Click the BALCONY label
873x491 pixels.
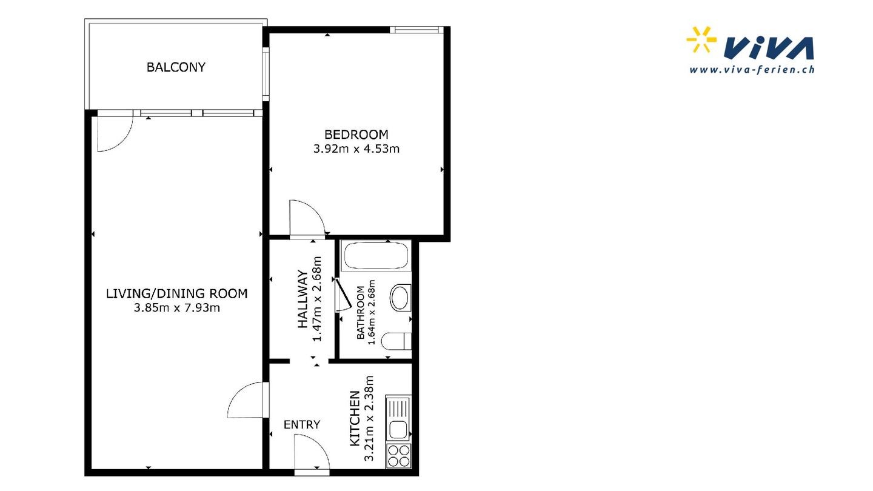176,67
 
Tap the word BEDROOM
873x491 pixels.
356,135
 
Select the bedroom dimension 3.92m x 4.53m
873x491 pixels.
356,149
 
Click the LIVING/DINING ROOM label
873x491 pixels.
176,293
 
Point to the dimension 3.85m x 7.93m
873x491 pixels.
176,308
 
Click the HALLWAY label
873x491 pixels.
303,299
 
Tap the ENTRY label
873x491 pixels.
302,424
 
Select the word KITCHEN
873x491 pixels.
355,418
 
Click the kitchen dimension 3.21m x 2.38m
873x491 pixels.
369,418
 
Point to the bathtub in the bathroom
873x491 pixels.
376,255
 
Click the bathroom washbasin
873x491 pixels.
400,298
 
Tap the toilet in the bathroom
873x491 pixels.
396,341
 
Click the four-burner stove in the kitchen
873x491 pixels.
398,456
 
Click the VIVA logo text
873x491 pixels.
769,48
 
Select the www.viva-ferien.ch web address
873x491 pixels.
752,70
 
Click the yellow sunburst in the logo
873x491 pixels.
701,39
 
